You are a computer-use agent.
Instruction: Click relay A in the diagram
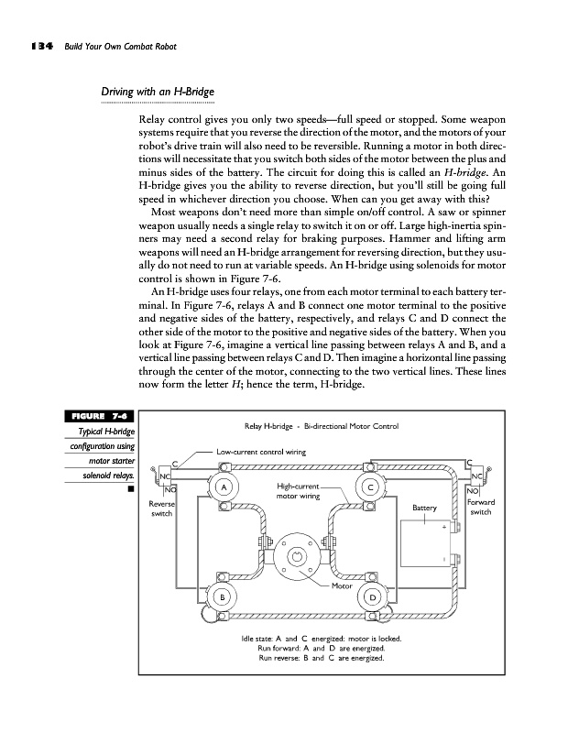(x=222, y=487)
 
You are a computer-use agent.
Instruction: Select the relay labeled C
(x=370, y=487)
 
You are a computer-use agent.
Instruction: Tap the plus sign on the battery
(x=444, y=527)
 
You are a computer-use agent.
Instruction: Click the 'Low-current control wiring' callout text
(x=261, y=452)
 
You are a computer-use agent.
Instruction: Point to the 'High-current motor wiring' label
(x=297, y=491)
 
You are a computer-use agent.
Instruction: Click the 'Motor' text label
(x=343, y=585)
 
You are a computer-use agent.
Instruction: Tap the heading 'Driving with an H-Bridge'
(x=156, y=92)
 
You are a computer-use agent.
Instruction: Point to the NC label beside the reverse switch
(x=165, y=476)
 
